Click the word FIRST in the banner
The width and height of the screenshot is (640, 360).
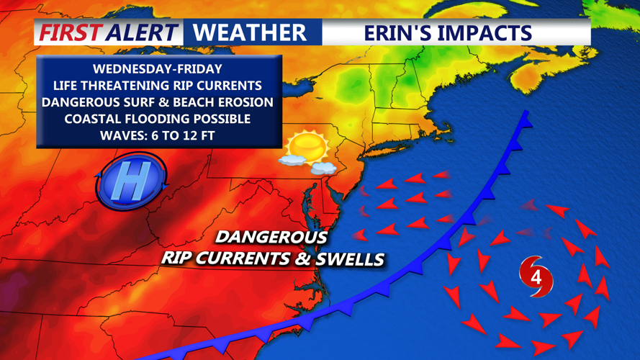(69, 32)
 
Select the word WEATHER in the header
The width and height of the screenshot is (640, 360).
(250, 32)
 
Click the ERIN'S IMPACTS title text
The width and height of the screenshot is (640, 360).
(447, 32)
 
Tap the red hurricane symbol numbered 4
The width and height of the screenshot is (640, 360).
(536, 276)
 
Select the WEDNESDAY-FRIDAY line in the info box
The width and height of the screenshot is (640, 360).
(158, 69)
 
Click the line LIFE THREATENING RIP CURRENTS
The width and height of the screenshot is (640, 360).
(158, 86)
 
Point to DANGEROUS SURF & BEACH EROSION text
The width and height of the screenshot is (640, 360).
(158, 102)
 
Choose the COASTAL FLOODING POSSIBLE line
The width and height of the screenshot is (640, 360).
(158, 119)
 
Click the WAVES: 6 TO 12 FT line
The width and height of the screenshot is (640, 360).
(158, 135)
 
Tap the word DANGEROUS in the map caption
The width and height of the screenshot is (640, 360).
(271, 237)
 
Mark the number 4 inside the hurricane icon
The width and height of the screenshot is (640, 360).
(536, 276)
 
